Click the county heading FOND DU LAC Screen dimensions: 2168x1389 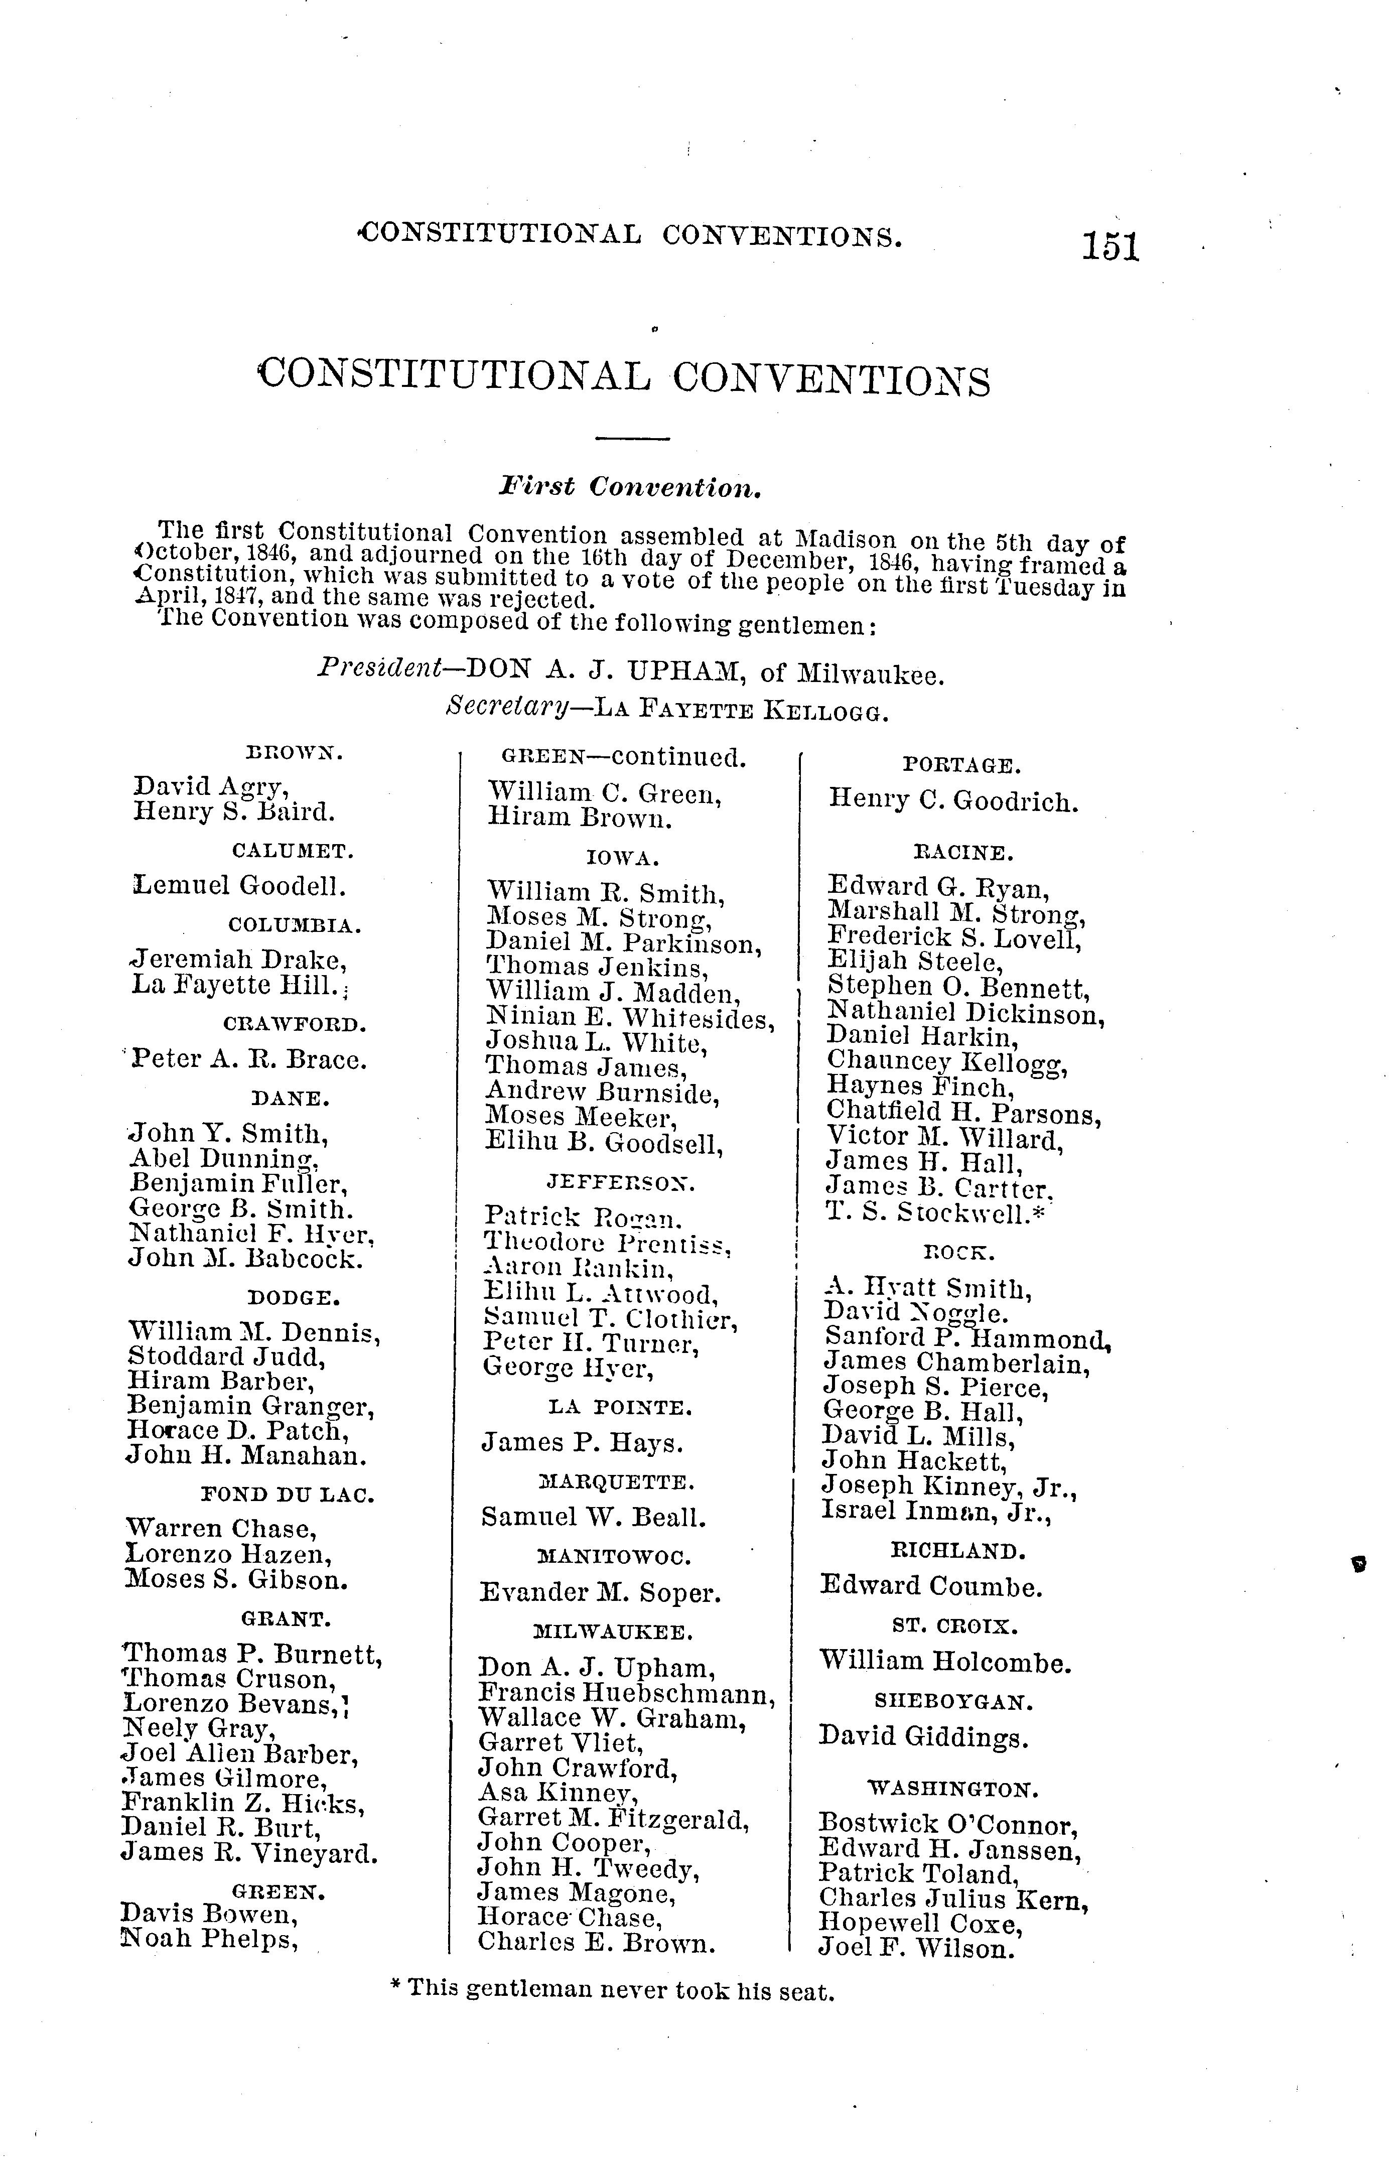tap(287, 1495)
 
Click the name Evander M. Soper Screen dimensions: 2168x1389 tap(600, 1593)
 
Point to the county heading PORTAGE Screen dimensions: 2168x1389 tap(961, 766)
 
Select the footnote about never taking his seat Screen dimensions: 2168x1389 tap(611, 1991)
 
